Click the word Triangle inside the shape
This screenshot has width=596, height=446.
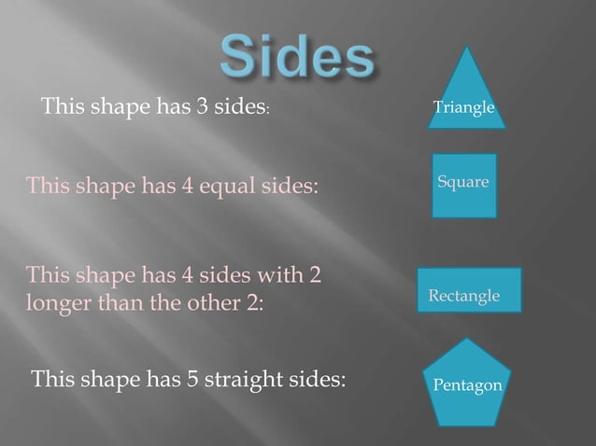click(x=463, y=108)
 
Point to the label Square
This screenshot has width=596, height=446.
click(x=463, y=182)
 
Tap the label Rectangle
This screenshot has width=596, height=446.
click(x=463, y=296)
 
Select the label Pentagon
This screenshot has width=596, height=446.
click(x=468, y=384)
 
